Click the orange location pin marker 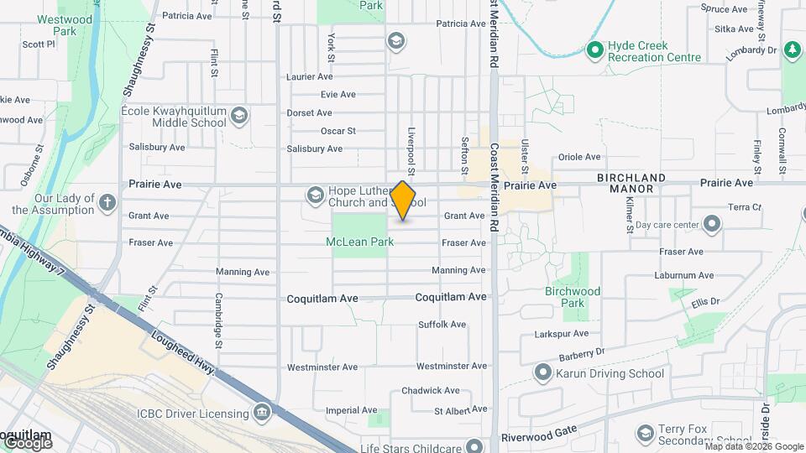[x=403, y=200]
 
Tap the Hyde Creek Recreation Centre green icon [x=595, y=50]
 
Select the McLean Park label [x=359, y=242]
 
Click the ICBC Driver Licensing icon [x=262, y=413]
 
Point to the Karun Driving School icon [x=543, y=373]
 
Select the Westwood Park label [x=65, y=25]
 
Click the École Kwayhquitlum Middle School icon [x=239, y=115]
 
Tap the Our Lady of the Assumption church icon [x=107, y=202]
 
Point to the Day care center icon [x=712, y=224]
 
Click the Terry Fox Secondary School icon [x=645, y=433]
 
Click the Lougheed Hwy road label [x=180, y=350]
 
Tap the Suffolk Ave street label [x=442, y=325]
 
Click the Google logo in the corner [x=28, y=442]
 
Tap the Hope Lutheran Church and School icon [x=315, y=195]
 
